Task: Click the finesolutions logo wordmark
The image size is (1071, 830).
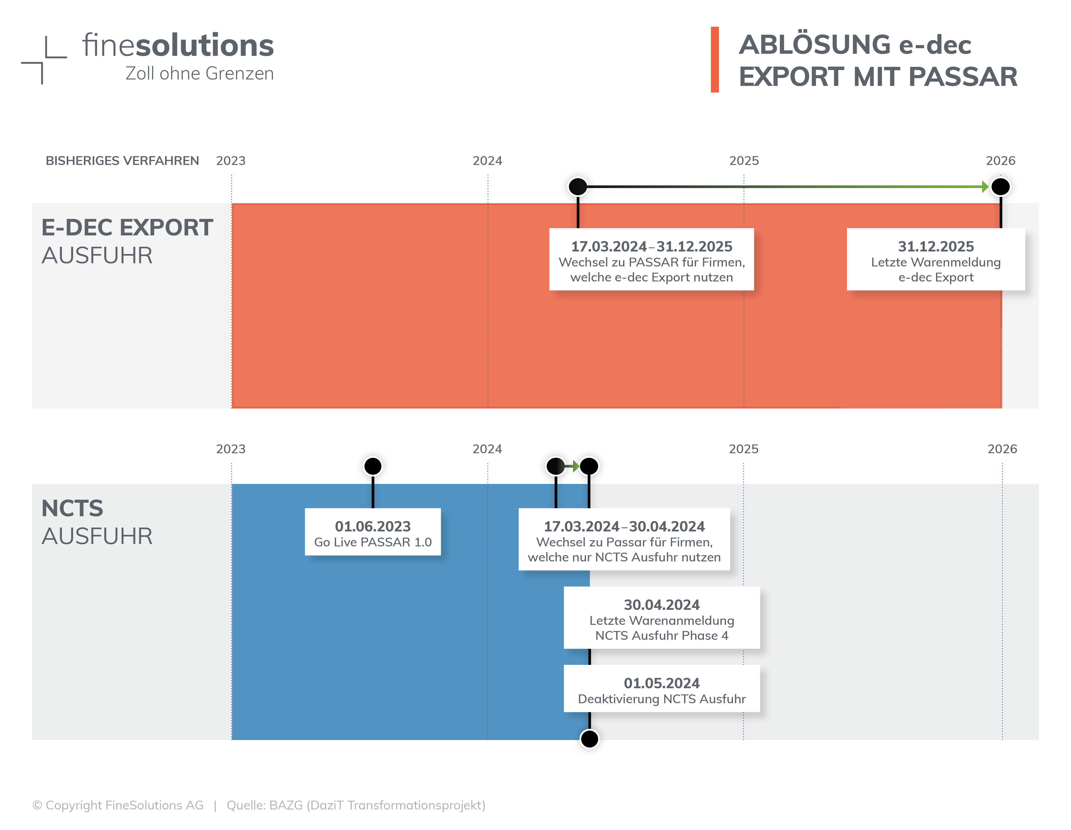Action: point(178,46)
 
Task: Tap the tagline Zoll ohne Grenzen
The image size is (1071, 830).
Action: point(200,73)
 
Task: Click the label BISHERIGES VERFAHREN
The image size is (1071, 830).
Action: point(122,161)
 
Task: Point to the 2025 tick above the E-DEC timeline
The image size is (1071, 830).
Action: point(744,161)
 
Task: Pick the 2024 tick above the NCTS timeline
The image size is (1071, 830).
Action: point(487,449)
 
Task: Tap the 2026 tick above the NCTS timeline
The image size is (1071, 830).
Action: point(1002,449)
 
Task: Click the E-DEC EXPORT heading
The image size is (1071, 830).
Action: point(127,228)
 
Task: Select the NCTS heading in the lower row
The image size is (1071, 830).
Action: point(73,508)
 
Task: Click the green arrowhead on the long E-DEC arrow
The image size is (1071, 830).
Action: point(985,187)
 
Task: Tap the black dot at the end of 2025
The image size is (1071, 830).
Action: point(1000,187)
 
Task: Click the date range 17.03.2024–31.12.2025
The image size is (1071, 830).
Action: point(651,247)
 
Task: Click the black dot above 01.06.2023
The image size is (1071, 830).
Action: point(373,466)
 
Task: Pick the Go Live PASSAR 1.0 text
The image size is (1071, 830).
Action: point(373,542)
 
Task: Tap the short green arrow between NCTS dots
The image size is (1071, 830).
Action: point(572,466)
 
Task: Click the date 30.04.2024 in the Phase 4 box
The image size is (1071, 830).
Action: point(661,605)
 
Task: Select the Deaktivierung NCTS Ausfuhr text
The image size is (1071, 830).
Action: point(661,699)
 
